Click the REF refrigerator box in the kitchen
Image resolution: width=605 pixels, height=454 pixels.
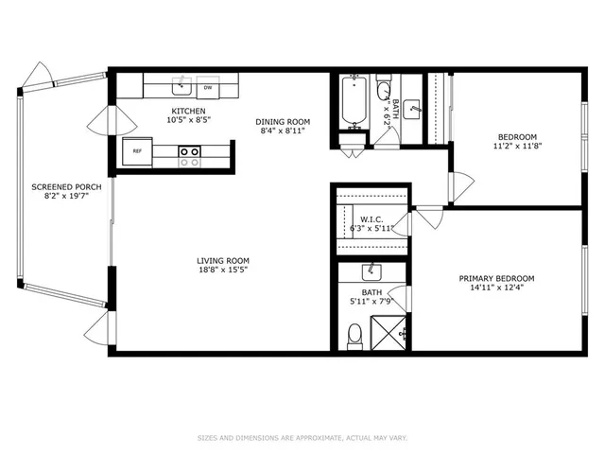137,150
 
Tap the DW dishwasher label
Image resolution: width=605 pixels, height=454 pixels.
207,88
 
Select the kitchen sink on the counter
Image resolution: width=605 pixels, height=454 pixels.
179,87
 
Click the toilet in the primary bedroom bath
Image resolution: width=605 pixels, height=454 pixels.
355,334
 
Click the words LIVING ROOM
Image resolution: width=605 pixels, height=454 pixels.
223,261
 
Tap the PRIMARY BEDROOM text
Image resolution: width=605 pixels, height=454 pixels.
496,278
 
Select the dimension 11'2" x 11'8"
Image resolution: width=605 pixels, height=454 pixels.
517,148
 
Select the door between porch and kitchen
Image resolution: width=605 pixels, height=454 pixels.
103,120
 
